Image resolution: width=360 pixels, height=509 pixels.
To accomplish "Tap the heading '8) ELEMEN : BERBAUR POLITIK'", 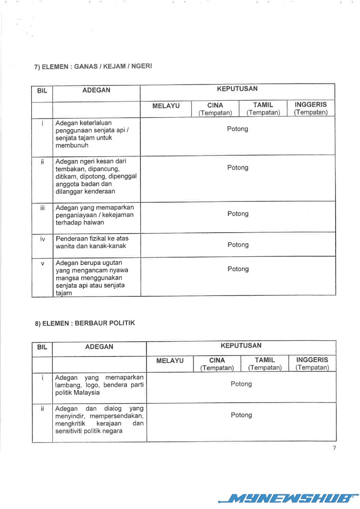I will (x=85, y=323).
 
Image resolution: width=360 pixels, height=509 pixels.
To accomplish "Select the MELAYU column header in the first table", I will (x=166, y=105).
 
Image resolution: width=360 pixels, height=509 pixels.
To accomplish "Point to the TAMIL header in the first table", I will (x=263, y=105).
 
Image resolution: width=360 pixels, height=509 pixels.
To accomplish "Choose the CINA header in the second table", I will (x=217, y=360).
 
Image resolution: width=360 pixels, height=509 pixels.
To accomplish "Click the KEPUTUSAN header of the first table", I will (x=237, y=89).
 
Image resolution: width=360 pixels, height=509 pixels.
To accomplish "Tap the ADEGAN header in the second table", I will (x=99, y=347).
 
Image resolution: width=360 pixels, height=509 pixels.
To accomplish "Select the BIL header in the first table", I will (x=42, y=91).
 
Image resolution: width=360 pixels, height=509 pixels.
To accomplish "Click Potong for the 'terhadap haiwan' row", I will (x=238, y=214).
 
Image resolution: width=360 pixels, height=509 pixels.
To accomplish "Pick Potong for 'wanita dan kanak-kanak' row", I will (x=238, y=245).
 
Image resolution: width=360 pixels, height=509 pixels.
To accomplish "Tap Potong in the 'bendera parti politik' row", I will (x=241, y=384).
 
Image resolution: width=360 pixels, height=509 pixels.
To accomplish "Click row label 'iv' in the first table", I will (x=42, y=239).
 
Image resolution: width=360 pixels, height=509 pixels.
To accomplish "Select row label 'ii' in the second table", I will (x=42, y=409).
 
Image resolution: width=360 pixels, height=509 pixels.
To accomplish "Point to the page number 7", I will (x=334, y=448).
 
